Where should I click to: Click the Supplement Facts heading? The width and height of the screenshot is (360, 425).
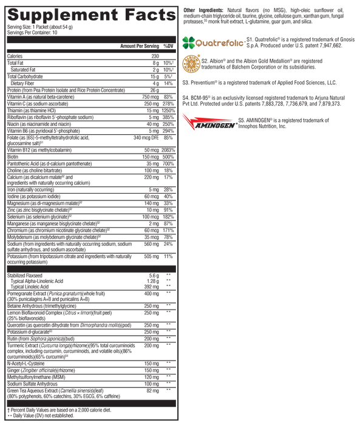(92, 15)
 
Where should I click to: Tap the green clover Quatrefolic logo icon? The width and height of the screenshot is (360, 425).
(188, 43)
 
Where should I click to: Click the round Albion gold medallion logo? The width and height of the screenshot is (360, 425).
(191, 64)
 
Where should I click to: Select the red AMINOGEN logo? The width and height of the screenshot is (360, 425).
(209, 122)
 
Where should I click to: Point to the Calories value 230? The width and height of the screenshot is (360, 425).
(155, 56)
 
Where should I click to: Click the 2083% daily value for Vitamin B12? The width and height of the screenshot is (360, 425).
(168, 150)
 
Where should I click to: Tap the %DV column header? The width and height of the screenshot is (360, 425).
(168, 46)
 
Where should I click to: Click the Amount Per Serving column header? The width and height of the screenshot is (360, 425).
(140, 46)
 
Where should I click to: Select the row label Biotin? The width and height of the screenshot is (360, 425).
(13, 157)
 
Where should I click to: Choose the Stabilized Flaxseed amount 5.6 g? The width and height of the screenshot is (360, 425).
(154, 276)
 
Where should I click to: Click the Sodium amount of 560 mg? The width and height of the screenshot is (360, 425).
(151, 244)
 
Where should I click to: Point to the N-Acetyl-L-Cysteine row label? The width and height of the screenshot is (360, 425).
(25, 364)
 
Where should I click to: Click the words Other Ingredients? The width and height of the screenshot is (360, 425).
(203, 10)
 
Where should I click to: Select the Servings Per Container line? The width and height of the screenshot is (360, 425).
(32, 33)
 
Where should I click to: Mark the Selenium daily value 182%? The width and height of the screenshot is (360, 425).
(168, 217)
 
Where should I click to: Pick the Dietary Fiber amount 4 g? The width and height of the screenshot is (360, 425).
(155, 83)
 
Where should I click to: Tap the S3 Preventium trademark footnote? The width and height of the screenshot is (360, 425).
(259, 83)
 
